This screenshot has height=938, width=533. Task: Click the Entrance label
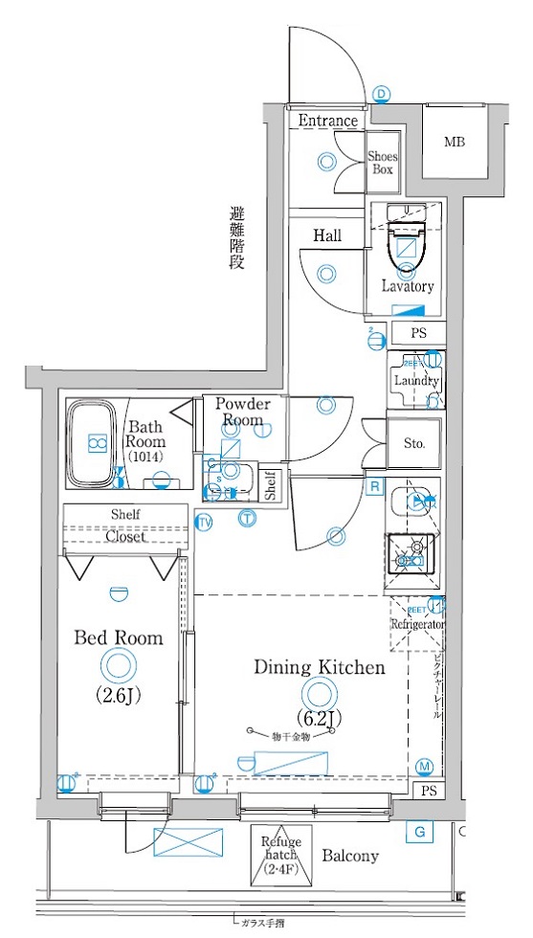click(x=327, y=121)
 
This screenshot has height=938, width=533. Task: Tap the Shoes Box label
click(x=383, y=163)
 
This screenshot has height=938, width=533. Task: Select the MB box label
click(x=454, y=144)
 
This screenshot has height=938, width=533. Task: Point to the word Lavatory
click(x=408, y=285)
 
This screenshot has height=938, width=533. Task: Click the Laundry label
click(x=415, y=380)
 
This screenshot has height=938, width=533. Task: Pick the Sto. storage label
click(x=413, y=444)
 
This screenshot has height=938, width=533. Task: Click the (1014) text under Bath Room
click(x=146, y=458)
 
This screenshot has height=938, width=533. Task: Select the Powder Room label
click(x=242, y=412)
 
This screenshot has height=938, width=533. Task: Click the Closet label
click(x=125, y=537)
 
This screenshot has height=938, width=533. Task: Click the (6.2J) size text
click(x=319, y=717)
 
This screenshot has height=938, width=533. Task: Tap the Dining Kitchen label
click(x=319, y=667)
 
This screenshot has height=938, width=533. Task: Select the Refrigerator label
click(x=417, y=624)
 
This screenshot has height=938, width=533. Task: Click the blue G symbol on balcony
click(x=417, y=832)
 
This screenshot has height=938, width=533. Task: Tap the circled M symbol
click(x=426, y=766)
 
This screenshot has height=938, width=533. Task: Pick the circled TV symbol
click(x=204, y=522)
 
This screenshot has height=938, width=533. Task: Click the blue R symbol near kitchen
click(x=375, y=487)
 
